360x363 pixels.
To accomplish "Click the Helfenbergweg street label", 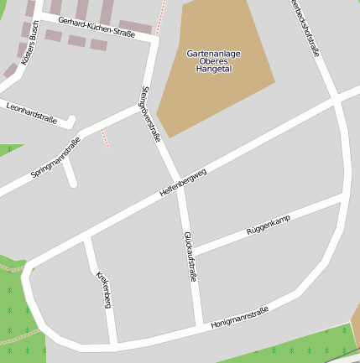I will tap(182, 183).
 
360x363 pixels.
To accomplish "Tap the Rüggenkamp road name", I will tap(268, 224).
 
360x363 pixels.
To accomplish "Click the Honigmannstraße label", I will tap(240, 317).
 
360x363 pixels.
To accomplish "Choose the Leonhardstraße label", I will tap(31, 113).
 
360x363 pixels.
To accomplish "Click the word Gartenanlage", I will tap(213, 54).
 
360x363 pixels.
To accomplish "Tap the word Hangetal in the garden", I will tap(213, 70).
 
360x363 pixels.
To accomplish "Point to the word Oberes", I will tap(213, 61).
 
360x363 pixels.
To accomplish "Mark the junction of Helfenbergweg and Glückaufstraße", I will tap(179, 185).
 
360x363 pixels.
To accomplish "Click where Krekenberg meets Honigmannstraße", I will tap(113, 343).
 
